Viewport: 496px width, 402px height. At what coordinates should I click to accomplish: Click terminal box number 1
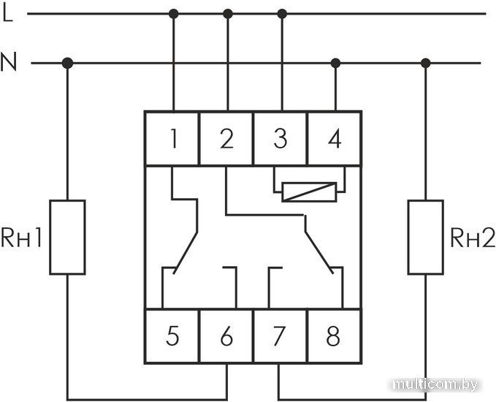coord(172,138)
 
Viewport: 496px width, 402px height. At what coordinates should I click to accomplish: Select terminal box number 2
coord(226,138)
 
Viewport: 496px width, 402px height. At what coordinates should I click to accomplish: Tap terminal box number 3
coord(281,138)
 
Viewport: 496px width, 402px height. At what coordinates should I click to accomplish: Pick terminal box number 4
coord(335,138)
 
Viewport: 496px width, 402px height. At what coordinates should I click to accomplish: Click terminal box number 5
coord(172,336)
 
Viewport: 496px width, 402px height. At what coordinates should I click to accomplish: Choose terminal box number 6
coord(226,336)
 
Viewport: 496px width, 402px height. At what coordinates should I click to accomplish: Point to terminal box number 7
coord(281,336)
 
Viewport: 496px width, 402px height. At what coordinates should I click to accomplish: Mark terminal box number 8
coord(334,336)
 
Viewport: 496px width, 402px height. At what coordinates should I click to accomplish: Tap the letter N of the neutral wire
coord(9,64)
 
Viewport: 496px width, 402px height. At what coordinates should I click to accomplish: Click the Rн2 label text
coord(472,238)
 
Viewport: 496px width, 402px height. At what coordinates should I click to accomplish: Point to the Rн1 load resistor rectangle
coord(67,237)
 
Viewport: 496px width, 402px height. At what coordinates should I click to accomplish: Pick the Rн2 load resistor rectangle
coord(425,237)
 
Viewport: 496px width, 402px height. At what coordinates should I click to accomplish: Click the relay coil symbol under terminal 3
coord(308,191)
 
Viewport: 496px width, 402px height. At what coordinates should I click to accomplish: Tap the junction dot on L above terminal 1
coord(173,13)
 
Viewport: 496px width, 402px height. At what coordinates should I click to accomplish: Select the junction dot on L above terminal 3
coord(283,13)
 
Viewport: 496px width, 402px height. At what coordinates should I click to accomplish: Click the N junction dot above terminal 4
coord(335,64)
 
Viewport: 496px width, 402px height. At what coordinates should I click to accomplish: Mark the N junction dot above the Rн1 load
coord(67,64)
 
